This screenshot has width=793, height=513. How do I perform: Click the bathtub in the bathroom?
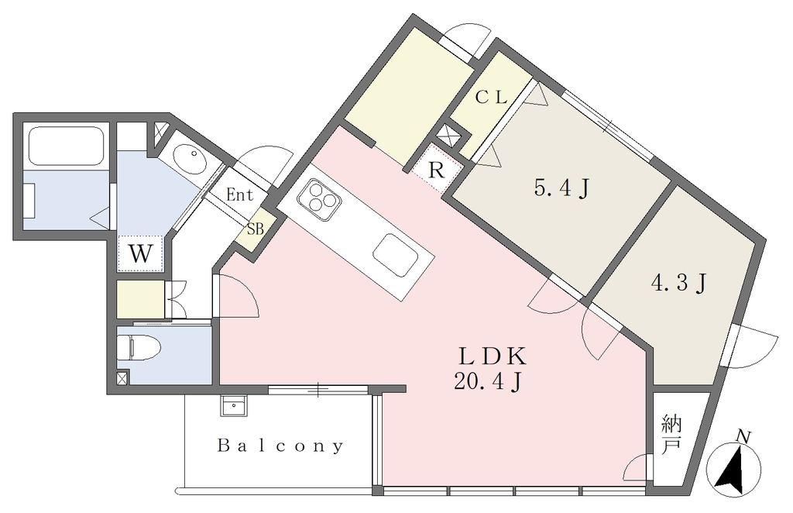click(x=67, y=146)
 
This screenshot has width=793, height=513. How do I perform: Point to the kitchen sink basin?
click(x=396, y=256)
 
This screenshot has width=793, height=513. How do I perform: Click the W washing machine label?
click(x=140, y=253)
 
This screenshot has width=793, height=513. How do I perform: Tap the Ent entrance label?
click(x=239, y=195)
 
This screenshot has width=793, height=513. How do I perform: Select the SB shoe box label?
click(x=256, y=229)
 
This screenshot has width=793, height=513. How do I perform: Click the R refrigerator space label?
click(x=436, y=171)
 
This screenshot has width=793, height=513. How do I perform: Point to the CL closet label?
click(x=491, y=97)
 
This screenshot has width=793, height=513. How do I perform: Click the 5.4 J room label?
click(x=562, y=189)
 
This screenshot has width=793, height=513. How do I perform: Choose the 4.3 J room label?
click(x=678, y=283)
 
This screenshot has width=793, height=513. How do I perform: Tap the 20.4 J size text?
click(x=488, y=382)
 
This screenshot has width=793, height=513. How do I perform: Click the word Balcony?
click(x=280, y=446)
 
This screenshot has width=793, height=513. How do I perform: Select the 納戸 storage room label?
click(x=671, y=433)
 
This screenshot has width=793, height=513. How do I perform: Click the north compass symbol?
click(x=733, y=469)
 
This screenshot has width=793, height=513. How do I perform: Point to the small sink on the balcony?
click(x=234, y=405)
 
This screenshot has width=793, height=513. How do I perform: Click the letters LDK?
click(x=493, y=357)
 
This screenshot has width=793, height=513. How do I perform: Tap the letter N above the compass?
click(x=743, y=435)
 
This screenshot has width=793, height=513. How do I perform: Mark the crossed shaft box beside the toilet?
click(x=123, y=377)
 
